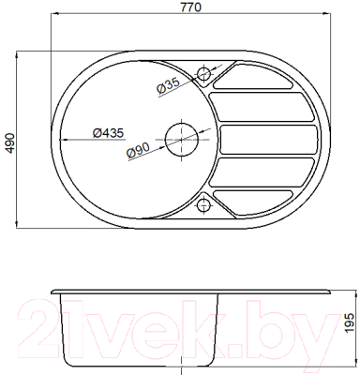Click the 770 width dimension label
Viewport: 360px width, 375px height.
(191, 7)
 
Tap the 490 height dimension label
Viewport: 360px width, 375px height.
(10, 143)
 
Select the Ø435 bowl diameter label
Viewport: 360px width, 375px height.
(109, 133)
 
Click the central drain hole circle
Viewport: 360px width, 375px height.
(182, 140)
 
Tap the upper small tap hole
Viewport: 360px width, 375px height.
(203, 74)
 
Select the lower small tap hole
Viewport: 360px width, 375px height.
(203, 205)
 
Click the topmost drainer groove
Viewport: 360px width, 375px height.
(254, 76)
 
